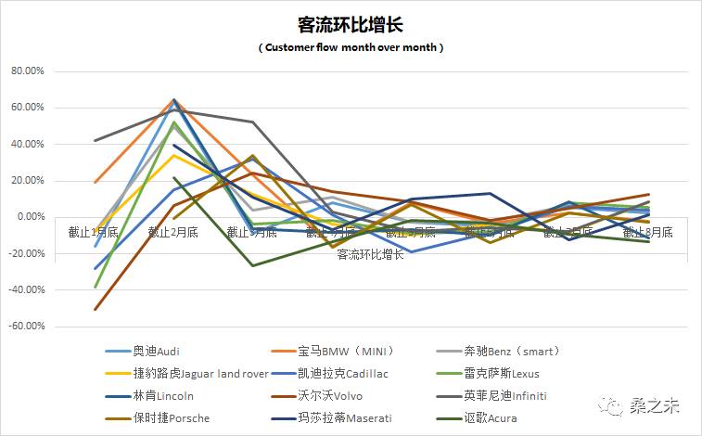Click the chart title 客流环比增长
[351, 23]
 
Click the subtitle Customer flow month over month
[351, 47]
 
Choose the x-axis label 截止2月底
[173, 232]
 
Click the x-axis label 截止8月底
[649, 232]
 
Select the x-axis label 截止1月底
[94, 232]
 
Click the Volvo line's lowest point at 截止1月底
[95, 310]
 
